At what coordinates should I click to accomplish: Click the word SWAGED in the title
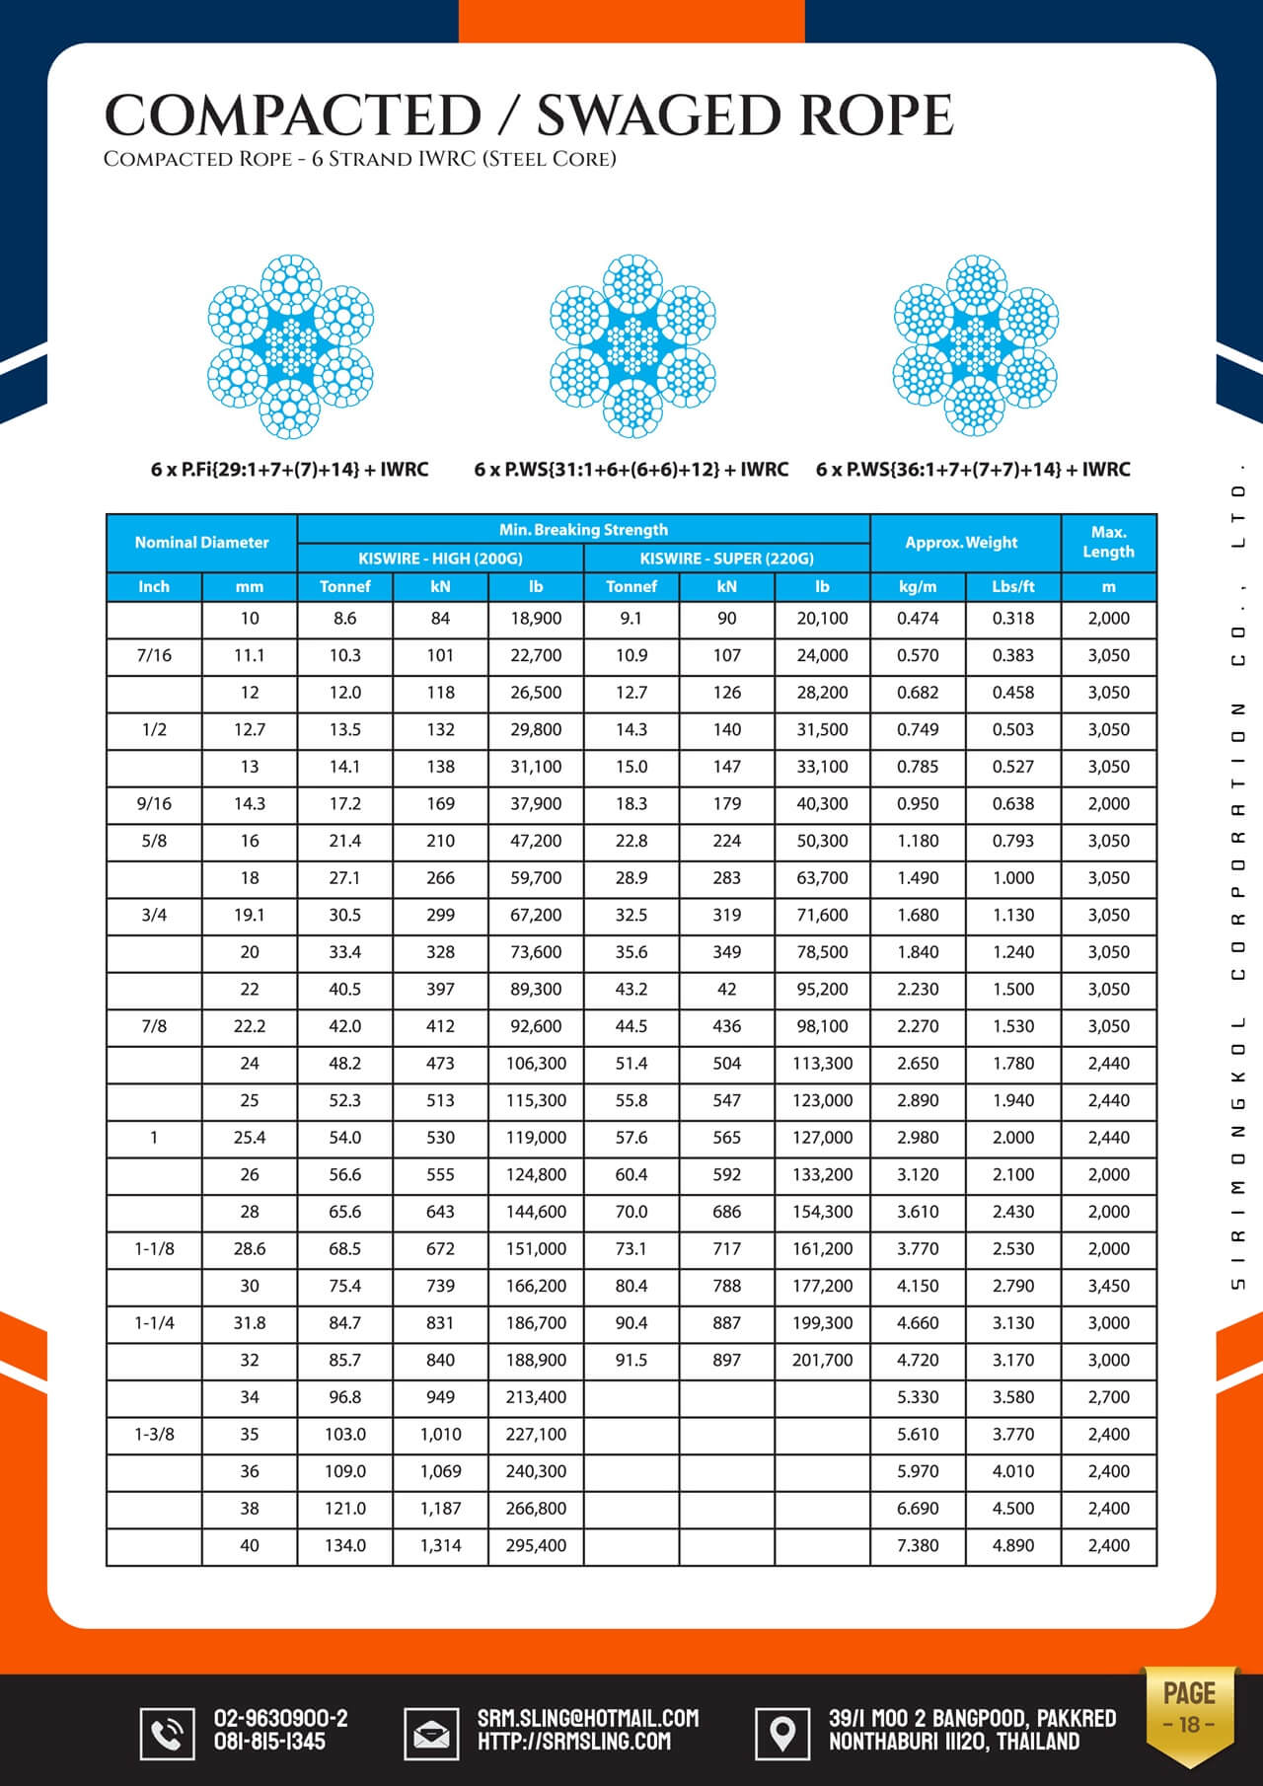pyautogui.click(x=659, y=115)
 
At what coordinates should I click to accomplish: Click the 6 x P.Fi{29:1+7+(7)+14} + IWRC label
pyautogui.click(x=289, y=470)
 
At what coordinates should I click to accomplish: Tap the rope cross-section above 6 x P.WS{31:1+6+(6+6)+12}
pyautogui.click(x=631, y=345)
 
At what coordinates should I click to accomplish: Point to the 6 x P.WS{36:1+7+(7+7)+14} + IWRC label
pyautogui.click(x=973, y=470)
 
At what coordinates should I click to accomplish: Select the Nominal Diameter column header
pyautogui.click(x=201, y=543)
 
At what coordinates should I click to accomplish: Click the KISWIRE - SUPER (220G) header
pyautogui.click(x=726, y=558)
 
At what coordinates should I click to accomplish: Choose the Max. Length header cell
pyautogui.click(x=1108, y=542)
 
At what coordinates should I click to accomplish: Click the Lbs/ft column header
pyautogui.click(x=1013, y=586)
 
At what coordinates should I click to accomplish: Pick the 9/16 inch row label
pyautogui.click(x=154, y=804)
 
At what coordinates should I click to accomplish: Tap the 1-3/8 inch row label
pyautogui.click(x=154, y=1434)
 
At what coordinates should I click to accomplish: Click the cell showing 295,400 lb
pyautogui.click(x=536, y=1545)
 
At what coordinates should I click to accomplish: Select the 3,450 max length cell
pyautogui.click(x=1108, y=1286)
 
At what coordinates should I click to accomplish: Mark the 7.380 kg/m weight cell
pyautogui.click(x=918, y=1545)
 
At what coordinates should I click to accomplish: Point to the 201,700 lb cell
pyautogui.click(x=822, y=1360)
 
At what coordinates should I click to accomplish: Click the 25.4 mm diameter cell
pyautogui.click(x=250, y=1138)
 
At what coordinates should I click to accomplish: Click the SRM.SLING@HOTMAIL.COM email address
pyautogui.click(x=588, y=1718)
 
